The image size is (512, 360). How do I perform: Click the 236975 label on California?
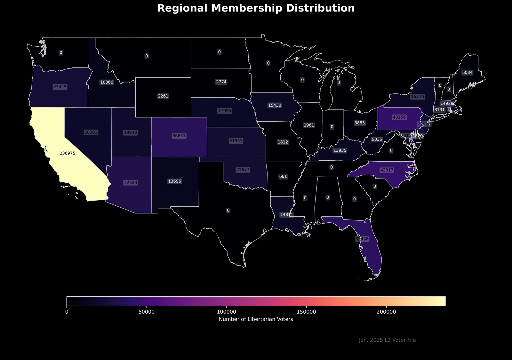coord(68,153)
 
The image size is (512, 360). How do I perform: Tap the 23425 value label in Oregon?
coord(60,87)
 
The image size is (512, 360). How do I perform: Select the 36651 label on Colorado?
coord(179,136)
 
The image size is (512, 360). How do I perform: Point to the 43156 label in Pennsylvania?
coord(399,117)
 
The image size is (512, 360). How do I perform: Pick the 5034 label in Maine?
coord(467,73)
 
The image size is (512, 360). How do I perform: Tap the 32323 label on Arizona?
coord(130,183)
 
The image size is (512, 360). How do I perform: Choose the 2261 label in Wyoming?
coord(163,96)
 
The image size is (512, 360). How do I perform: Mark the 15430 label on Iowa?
coord(275,105)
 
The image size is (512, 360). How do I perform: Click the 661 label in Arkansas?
coord(283,177)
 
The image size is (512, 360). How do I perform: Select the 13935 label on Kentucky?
coord(340,150)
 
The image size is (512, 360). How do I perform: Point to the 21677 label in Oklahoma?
coord(243,170)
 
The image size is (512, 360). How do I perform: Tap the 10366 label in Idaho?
coord(107,82)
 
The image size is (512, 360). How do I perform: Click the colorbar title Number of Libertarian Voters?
coord(256,319)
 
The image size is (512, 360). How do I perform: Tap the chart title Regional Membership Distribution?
coord(256,8)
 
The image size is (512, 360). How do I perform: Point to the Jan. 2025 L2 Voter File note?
coord(387,340)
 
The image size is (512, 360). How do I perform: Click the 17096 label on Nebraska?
coord(224,111)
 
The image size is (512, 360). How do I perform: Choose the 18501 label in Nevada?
coord(91,132)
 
